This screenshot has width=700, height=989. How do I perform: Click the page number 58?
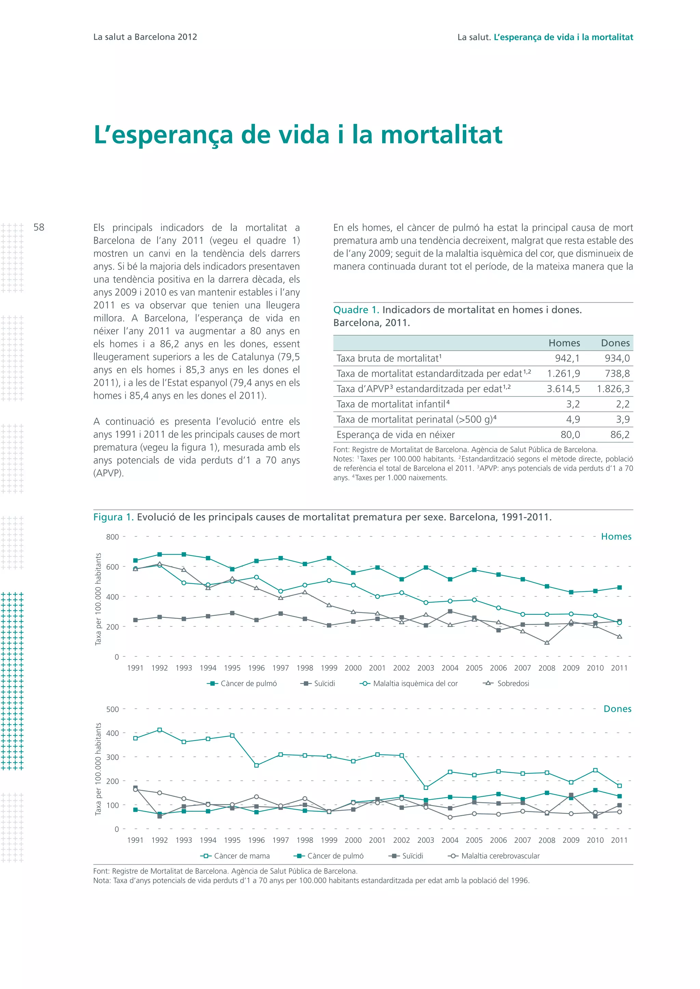pos(39,227)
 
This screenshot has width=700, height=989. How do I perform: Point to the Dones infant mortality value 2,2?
pos(622,404)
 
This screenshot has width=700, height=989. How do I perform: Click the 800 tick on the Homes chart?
pos(112,537)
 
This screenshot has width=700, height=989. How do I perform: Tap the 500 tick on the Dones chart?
pos(112,709)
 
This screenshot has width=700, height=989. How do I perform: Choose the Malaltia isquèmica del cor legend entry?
pos(415,684)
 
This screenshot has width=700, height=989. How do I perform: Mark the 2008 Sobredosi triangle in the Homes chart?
pos(547,643)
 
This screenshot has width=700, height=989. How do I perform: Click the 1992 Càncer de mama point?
pos(160,730)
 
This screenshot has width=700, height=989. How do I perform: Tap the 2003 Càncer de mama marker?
pos(426,788)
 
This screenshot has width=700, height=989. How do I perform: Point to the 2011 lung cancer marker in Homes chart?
pos(619,587)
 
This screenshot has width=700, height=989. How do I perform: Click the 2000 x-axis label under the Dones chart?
pos(353,840)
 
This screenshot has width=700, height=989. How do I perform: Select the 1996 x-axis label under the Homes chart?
pos(256,668)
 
